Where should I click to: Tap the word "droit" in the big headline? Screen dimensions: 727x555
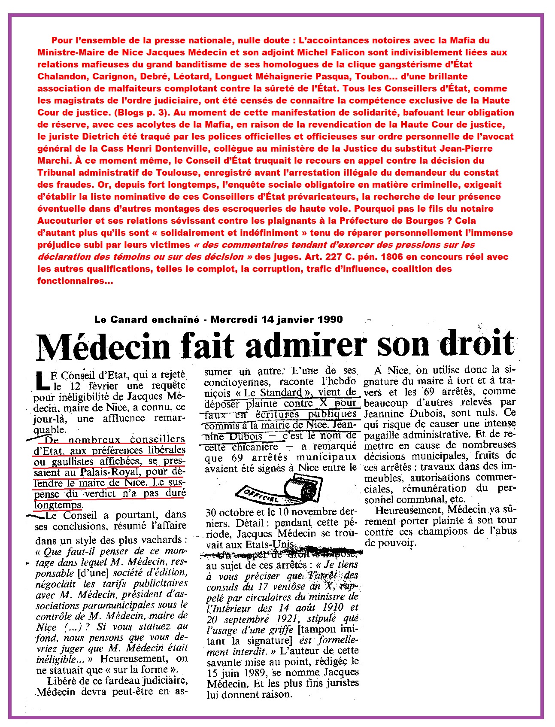pos(476,344)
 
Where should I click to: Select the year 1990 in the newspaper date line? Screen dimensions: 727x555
pos(331,319)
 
